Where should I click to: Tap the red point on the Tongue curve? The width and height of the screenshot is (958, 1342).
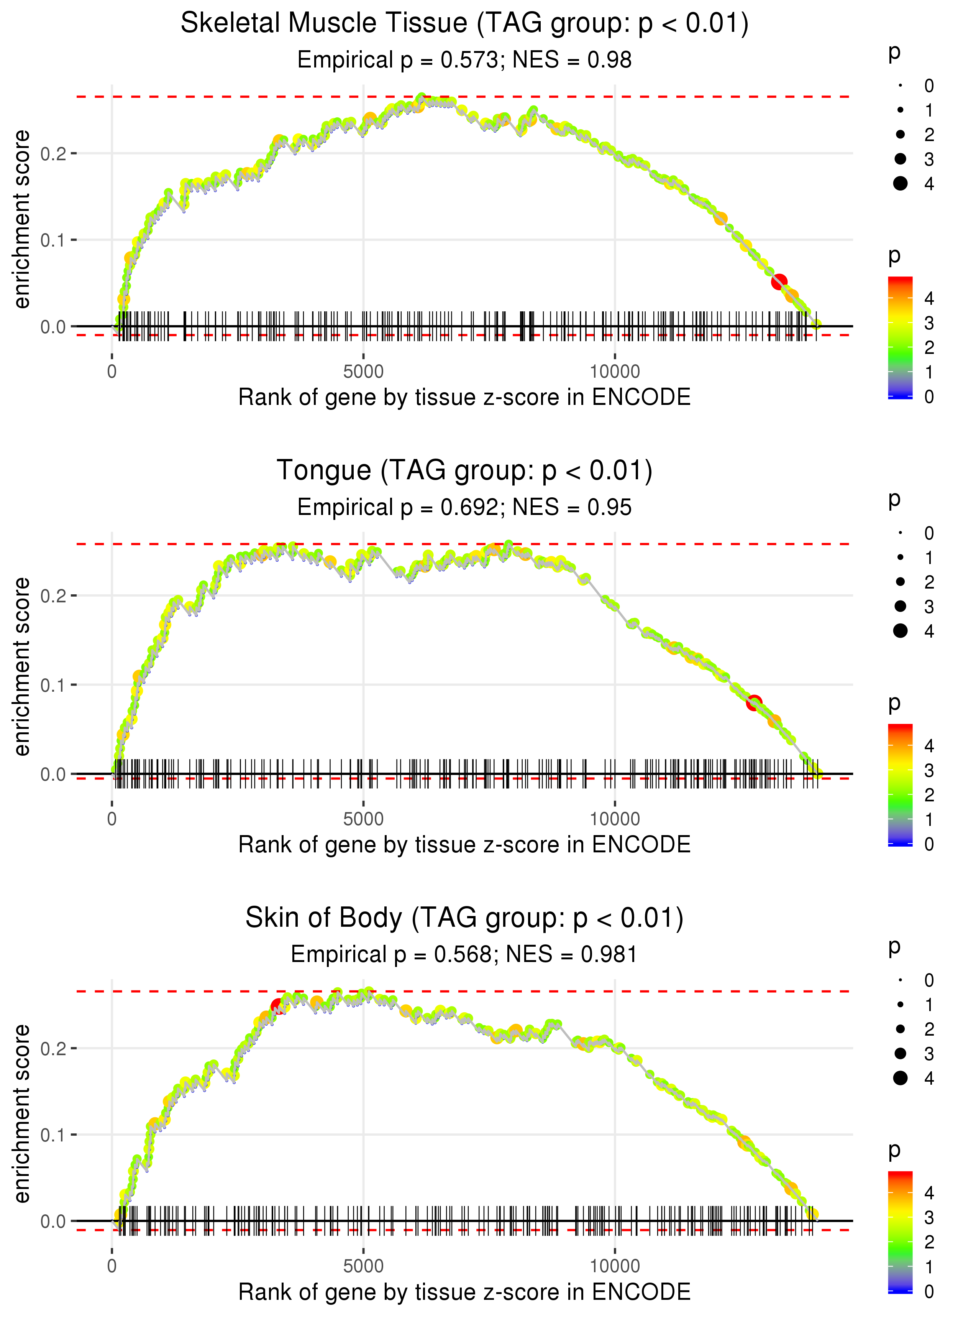753,703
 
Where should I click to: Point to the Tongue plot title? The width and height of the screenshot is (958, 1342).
464,471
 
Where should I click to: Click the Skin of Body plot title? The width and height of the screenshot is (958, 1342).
464,918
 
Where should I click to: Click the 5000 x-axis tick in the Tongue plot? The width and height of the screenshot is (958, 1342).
363,819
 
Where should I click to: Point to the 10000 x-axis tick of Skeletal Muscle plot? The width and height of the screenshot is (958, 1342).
615,372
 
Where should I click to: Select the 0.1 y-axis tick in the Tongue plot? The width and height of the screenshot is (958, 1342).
53,685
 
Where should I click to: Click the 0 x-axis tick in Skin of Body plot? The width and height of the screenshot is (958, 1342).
112,1266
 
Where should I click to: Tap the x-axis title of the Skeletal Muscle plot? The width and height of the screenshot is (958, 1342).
464,398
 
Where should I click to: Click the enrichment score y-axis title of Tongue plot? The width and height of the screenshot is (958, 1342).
22,666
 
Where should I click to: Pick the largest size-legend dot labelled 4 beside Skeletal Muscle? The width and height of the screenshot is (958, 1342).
900,184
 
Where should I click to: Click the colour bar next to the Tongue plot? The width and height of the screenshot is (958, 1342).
900,785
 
